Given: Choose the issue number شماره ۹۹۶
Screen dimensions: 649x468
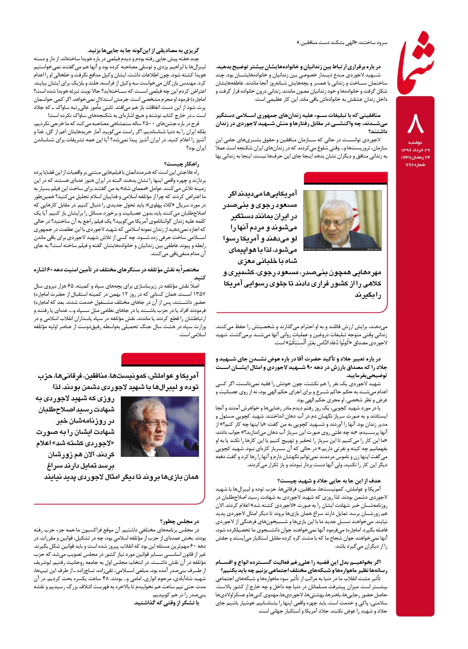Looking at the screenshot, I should point(415,164).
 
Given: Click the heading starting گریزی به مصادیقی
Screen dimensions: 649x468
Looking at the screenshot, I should point(143,50).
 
